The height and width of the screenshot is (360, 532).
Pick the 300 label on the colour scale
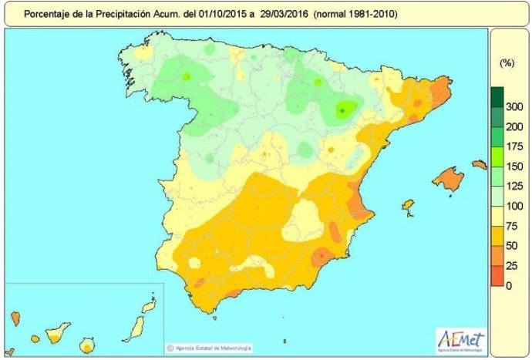point(514,106)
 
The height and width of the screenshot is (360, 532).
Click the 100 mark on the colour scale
point(514,206)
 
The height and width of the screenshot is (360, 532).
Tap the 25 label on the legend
point(512,266)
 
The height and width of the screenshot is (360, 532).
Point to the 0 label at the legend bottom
point(509,286)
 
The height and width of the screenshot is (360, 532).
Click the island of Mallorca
point(447,180)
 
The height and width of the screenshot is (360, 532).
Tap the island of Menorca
point(479,164)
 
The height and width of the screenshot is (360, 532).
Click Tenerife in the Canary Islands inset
point(55,335)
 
